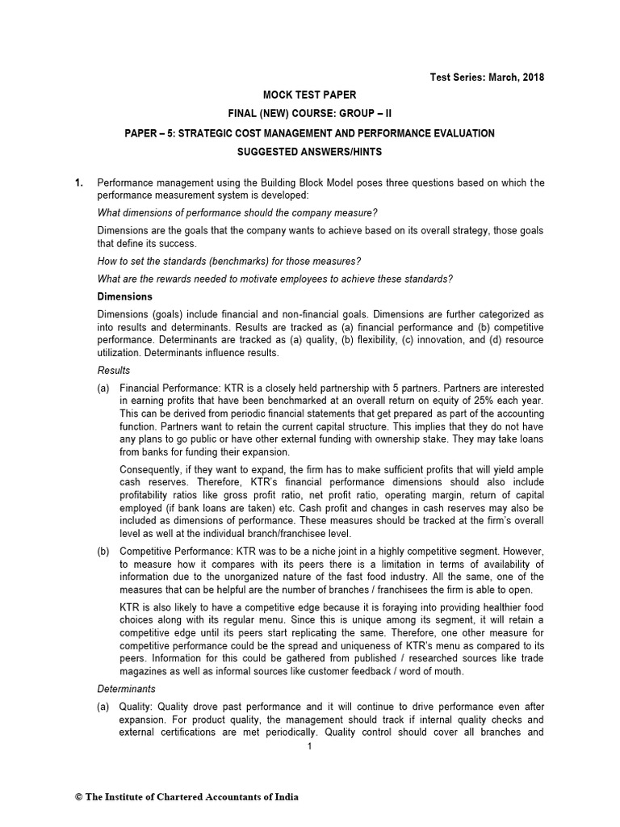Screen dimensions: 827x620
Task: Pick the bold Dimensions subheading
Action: pos(124,297)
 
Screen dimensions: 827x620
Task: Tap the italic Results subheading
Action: pos(113,370)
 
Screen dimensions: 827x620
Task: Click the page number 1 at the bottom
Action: pos(310,747)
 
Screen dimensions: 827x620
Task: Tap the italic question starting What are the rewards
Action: pos(274,279)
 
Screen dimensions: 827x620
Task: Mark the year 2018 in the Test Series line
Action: pos(533,78)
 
